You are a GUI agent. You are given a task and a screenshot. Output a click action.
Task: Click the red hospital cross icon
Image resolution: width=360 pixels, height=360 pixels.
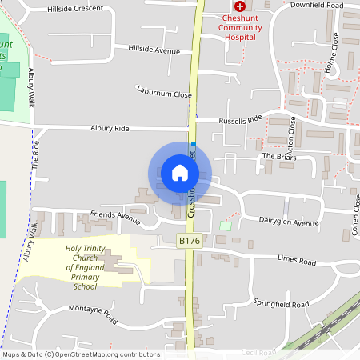[239, 6]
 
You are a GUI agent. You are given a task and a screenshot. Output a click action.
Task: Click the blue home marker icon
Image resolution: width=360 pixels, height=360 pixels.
[179, 172]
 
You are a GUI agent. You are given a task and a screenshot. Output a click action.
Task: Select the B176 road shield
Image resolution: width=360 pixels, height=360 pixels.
[189, 240]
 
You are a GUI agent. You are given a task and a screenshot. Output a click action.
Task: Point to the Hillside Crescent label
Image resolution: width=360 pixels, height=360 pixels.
[75, 8]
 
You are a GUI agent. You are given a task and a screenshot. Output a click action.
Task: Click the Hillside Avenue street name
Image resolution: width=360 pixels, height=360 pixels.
[154, 50]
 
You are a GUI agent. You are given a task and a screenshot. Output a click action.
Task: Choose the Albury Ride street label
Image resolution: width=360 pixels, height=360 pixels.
[110, 128]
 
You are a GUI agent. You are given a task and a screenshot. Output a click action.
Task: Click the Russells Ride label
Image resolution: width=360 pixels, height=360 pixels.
[240, 120]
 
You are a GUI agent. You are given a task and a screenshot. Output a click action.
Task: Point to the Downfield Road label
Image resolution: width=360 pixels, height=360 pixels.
[316, 6]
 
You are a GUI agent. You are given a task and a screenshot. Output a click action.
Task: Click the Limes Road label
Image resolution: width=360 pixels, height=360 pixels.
[297, 261]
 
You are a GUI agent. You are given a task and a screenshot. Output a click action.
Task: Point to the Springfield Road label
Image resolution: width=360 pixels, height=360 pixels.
[281, 305]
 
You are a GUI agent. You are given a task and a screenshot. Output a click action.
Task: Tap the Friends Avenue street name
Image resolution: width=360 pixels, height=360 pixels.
[114, 214]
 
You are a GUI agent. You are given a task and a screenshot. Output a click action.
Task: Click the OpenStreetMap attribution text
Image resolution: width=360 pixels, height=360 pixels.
[80, 354]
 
